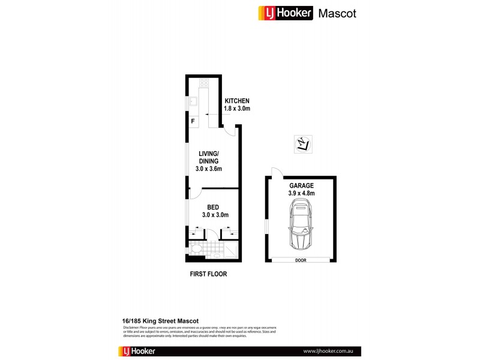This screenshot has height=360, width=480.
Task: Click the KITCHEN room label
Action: (x=236, y=101)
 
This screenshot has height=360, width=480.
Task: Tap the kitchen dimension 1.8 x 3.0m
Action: (x=236, y=109)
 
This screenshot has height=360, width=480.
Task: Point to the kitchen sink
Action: (x=194, y=101)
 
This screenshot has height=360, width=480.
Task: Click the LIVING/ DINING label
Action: (x=209, y=157)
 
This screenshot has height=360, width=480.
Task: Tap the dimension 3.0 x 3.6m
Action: (x=209, y=169)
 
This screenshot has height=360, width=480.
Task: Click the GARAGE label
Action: (x=302, y=186)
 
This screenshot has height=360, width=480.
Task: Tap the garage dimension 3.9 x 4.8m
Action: (x=302, y=193)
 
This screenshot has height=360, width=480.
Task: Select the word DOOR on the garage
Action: (x=301, y=260)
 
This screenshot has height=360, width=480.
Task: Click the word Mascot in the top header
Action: (x=337, y=13)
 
